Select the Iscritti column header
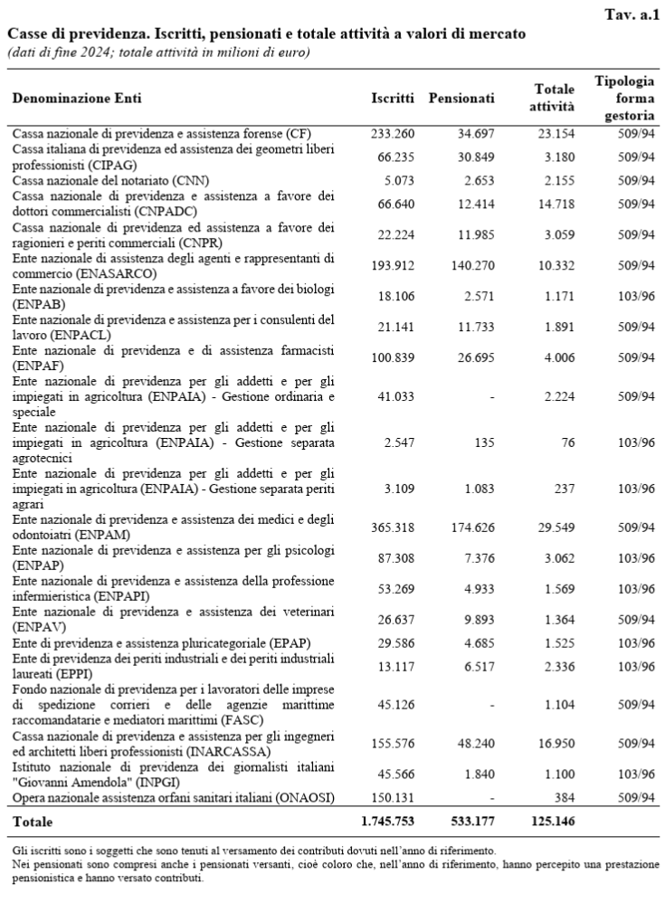coord(393,97)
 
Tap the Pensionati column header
coord(461,97)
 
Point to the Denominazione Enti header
coord(77,97)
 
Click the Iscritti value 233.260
coord(393,133)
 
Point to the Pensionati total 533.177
coord(466,822)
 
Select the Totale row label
coord(33,822)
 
